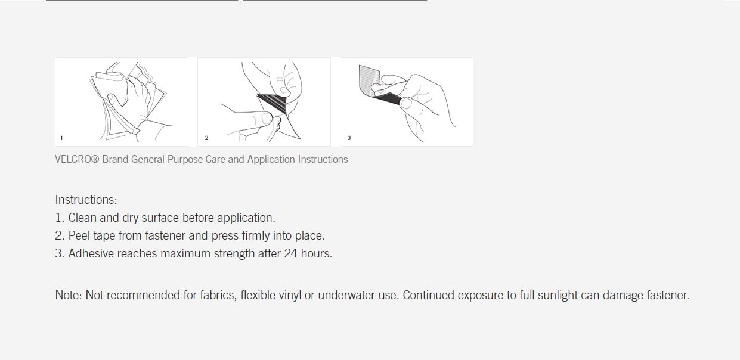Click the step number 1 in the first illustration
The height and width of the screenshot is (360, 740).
point(61,138)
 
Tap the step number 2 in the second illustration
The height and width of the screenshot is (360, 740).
point(206,138)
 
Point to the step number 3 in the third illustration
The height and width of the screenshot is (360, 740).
point(349,138)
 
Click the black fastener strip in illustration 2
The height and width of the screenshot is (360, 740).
point(273,103)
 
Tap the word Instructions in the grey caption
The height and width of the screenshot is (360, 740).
point(323,159)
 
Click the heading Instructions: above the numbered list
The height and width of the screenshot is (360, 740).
point(86,200)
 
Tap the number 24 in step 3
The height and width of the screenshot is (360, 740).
point(291,253)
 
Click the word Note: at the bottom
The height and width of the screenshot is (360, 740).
point(69,295)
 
